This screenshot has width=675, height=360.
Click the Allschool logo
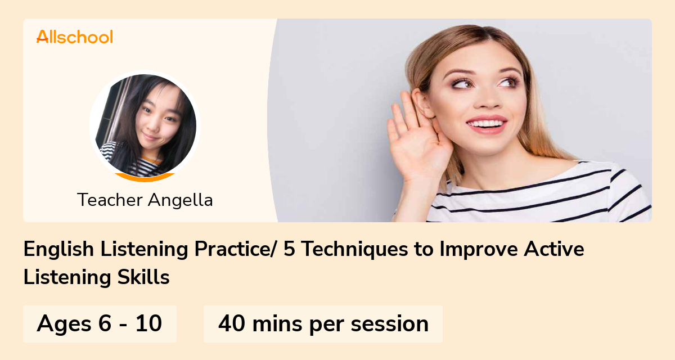(75, 37)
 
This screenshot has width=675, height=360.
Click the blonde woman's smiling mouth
(487, 123)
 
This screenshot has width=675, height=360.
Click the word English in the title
(58, 250)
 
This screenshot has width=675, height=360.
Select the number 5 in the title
(289, 250)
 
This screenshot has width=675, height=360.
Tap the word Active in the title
(553, 250)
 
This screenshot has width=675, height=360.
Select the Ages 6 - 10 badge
(100, 324)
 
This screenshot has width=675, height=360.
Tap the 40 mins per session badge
(323, 324)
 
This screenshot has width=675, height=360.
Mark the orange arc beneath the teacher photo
(145, 178)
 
